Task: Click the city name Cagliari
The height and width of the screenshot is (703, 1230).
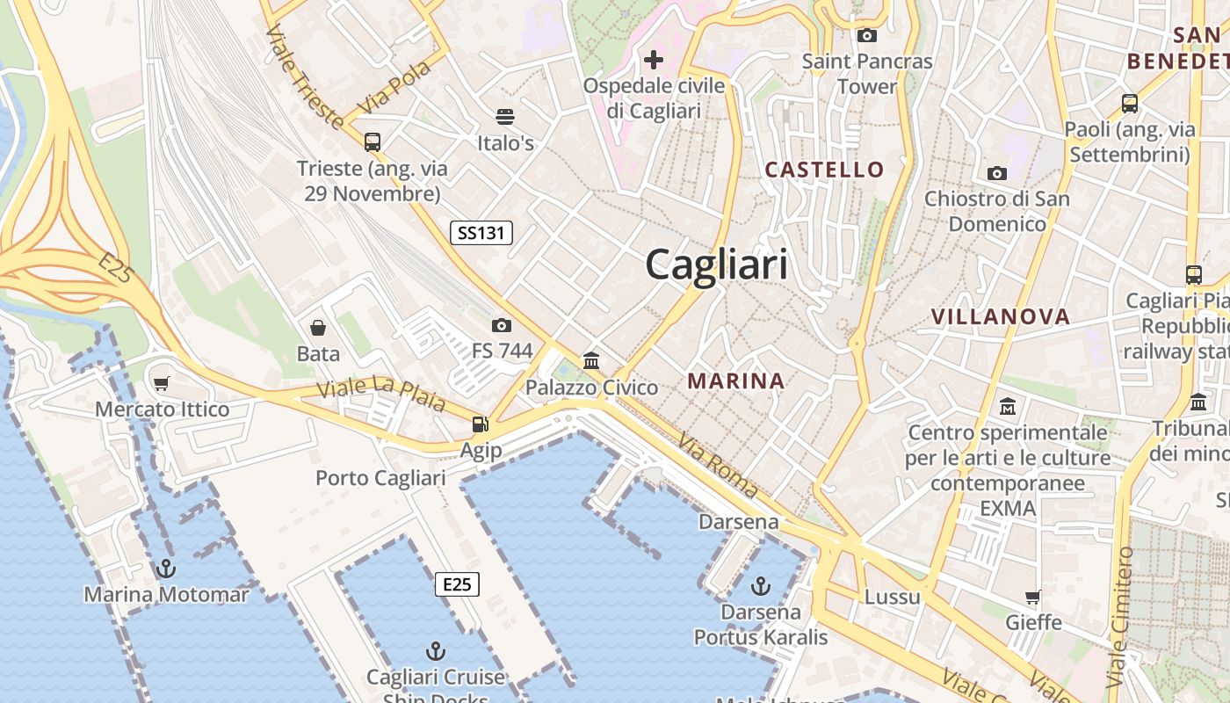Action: click(717, 265)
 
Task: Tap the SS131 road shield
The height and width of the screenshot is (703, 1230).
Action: click(481, 233)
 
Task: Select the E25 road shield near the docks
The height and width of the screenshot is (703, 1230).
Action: click(457, 584)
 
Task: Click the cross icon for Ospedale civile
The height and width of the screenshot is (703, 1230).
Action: click(654, 60)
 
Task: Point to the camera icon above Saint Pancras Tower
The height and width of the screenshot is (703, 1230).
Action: click(867, 35)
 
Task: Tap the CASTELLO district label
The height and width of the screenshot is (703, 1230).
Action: click(824, 170)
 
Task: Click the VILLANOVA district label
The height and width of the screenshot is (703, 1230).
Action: click(1001, 316)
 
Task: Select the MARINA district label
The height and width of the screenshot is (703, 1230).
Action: click(736, 380)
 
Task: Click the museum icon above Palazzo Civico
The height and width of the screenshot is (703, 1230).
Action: click(591, 361)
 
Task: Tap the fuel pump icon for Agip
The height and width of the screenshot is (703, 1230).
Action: click(480, 424)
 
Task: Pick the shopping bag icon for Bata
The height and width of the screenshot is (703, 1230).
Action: click(318, 328)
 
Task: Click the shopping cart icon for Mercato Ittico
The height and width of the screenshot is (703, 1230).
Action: click(161, 383)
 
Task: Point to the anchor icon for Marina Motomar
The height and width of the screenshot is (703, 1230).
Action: click(166, 569)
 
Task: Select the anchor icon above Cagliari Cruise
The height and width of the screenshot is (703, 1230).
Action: click(435, 651)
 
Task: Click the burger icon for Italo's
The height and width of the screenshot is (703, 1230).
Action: click(505, 116)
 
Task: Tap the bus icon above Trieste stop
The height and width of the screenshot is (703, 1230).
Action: click(372, 141)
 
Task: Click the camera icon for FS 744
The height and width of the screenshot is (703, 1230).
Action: click(502, 325)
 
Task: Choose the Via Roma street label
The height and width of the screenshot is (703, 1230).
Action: click(717, 467)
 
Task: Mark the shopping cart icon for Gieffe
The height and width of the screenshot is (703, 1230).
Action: click(1033, 597)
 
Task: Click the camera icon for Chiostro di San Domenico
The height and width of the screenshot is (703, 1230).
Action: click(996, 173)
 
